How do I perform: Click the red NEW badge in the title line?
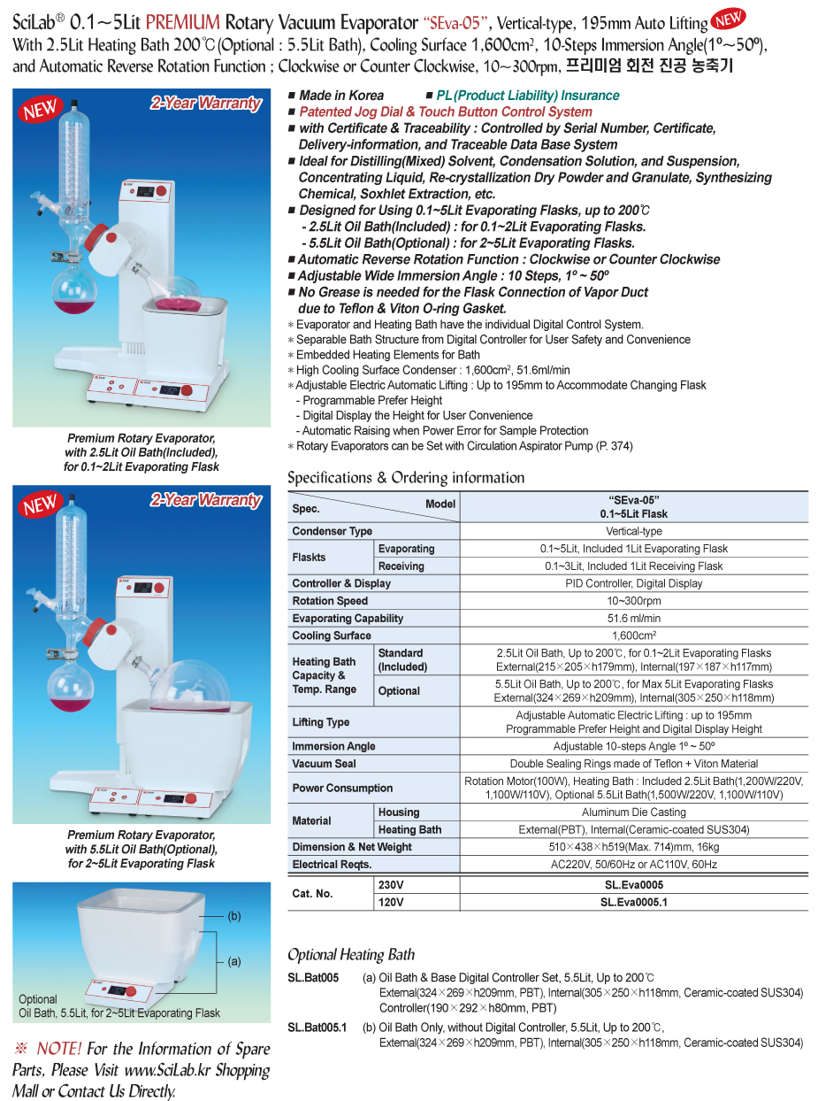click(x=728, y=19)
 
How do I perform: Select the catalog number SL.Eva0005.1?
click(x=632, y=902)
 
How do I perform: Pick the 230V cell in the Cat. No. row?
click(x=391, y=884)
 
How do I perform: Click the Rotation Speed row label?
click(x=330, y=601)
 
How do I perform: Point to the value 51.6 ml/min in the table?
click(x=633, y=619)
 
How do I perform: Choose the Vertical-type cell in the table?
click(x=633, y=531)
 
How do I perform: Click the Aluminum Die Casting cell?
click(x=633, y=812)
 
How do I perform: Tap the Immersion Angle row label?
click(x=333, y=746)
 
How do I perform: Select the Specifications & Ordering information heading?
click(x=406, y=478)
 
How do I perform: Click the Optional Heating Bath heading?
click(x=351, y=954)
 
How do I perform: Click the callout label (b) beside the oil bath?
click(x=234, y=915)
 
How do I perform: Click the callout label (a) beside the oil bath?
click(x=234, y=961)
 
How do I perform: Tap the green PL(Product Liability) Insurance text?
click(x=528, y=96)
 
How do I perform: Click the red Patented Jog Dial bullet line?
click(x=445, y=112)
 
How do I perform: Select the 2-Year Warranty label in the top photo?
click(x=205, y=104)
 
